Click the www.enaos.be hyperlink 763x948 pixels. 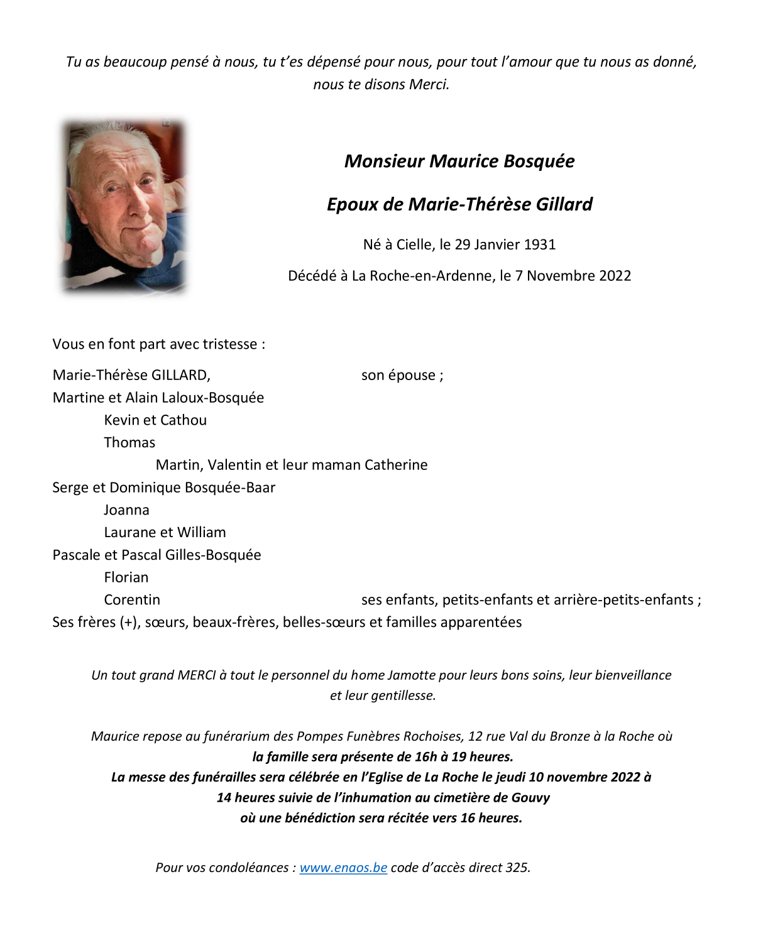point(343,868)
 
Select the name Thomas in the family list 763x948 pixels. point(129,442)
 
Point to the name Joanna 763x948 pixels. point(127,509)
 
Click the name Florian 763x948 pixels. point(126,577)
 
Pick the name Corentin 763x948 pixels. point(132,599)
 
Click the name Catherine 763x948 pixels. point(396,465)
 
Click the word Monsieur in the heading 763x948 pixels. point(385,161)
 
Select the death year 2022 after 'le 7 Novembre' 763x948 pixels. point(615,276)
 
